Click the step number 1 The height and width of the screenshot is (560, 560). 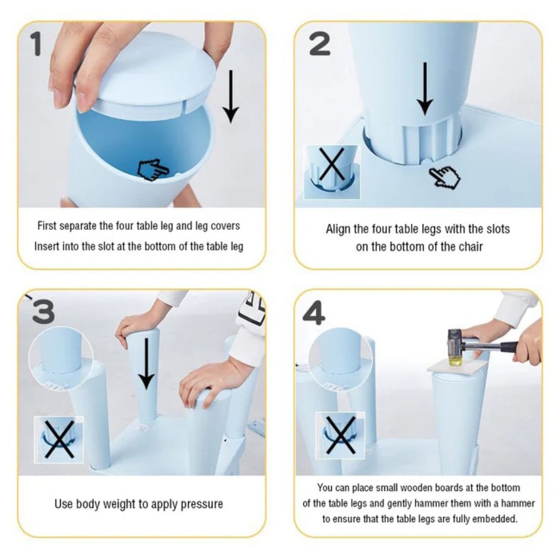tap(36, 44)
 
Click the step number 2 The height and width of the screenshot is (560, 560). tap(320, 44)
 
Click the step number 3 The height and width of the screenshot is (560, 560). tap(43, 311)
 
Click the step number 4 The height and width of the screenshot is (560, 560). tap(314, 313)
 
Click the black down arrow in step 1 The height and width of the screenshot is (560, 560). tap(231, 96)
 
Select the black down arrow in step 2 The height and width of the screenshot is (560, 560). tap(425, 89)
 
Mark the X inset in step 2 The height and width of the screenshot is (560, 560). tap(332, 172)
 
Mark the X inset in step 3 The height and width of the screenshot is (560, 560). tap(59, 439)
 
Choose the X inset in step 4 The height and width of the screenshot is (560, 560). tap(340, 436)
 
